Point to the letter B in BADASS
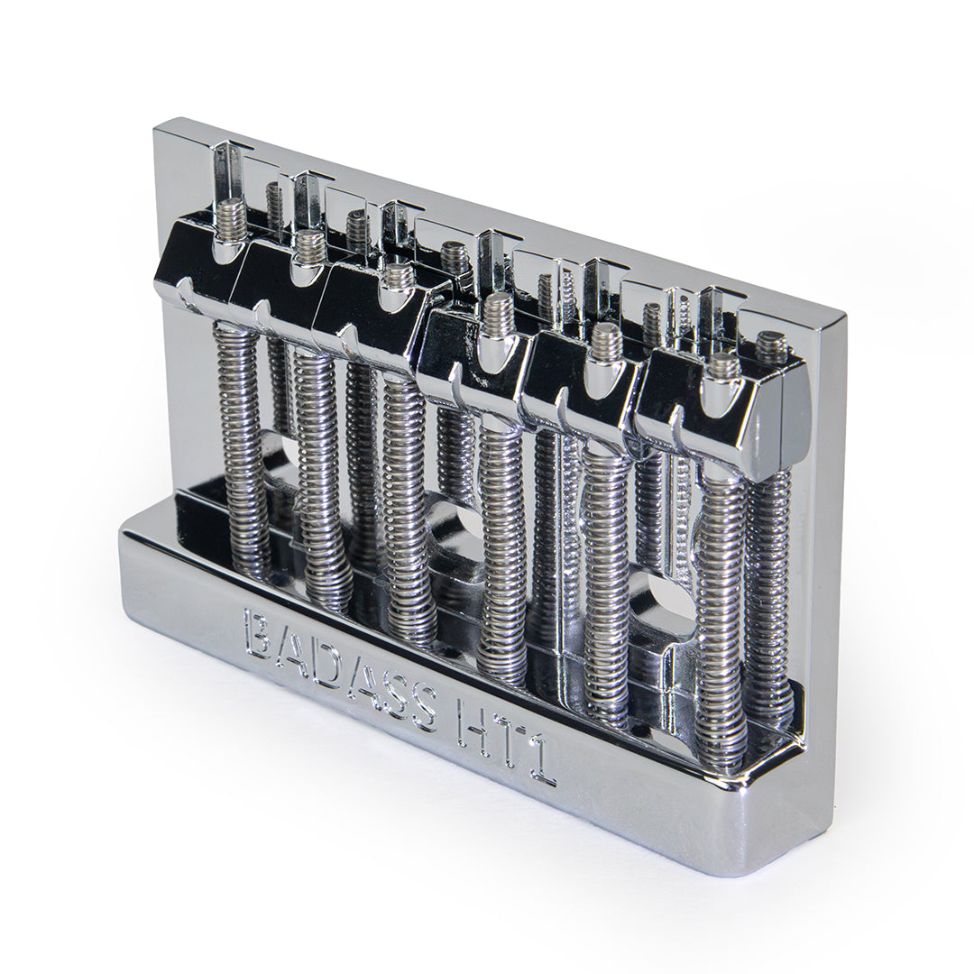point(261,631)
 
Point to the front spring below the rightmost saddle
point(721,613)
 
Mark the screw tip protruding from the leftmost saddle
point(233,216)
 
